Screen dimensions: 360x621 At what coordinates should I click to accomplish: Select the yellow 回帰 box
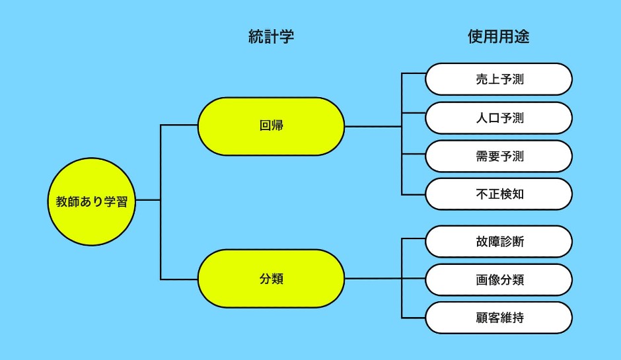[271, 126]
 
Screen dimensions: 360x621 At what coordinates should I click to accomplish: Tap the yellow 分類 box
[271, 278]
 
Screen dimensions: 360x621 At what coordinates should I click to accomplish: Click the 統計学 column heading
[271, 37]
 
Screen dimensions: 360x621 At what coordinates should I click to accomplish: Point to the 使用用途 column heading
[498, 37]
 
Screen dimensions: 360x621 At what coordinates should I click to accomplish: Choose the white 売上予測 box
[498, 79]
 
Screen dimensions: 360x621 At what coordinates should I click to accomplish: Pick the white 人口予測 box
[498, 118]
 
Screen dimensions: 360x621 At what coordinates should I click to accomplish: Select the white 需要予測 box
[498, 156]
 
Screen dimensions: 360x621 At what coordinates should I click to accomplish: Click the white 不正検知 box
[498, 194]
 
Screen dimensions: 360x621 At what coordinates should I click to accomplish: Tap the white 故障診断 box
[498, 241]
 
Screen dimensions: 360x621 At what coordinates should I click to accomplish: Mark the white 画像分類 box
[498, 279]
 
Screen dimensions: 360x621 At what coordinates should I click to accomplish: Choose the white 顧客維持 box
[498, 318]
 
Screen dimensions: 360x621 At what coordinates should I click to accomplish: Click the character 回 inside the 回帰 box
[265, 126]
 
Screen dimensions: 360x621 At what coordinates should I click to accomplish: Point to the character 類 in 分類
[277, 279]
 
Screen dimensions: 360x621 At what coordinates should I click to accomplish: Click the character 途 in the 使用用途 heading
[521, 37]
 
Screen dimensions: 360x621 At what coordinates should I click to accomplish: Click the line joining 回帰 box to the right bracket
[373, 126]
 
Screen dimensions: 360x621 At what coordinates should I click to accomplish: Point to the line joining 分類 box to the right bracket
[373, 279]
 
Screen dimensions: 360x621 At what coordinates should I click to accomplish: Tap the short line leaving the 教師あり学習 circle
[149, 200]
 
